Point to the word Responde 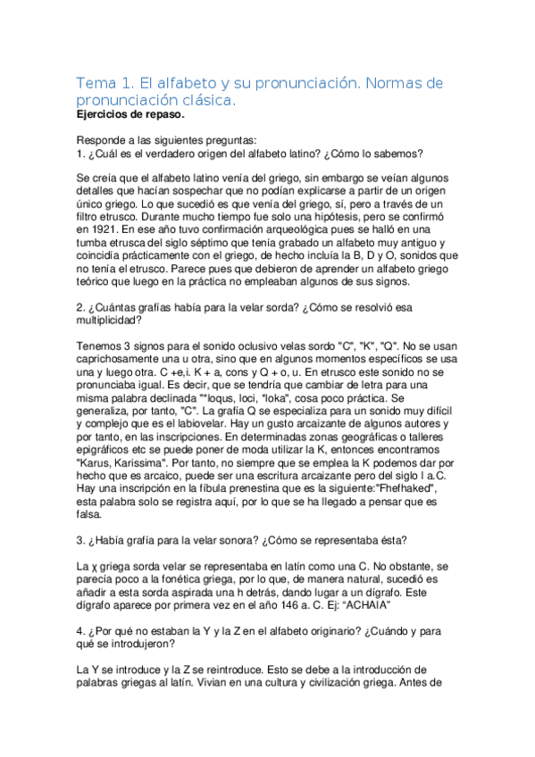(105, 139)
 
